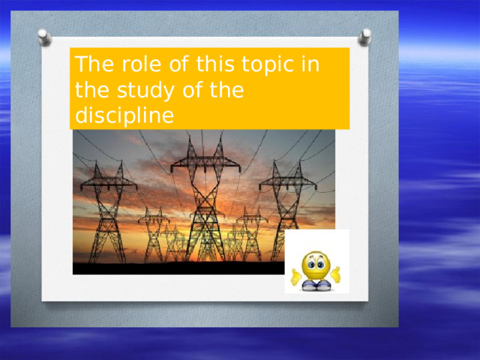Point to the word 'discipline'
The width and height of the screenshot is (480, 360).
pyautogui.click(x=124, y=116)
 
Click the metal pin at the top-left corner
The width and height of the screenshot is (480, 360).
pyautogui.click(x=44, y=37)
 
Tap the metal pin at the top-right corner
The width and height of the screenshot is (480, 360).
pyautogui.click(x=365, y=35)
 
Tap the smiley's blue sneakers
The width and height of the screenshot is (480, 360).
pyautogui.click(x=316, y=285)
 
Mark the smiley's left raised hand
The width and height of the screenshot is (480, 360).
pyautogui.click(x=297, y=276)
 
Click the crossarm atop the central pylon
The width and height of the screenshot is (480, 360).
pyautogui.click(x=205, y=162)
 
